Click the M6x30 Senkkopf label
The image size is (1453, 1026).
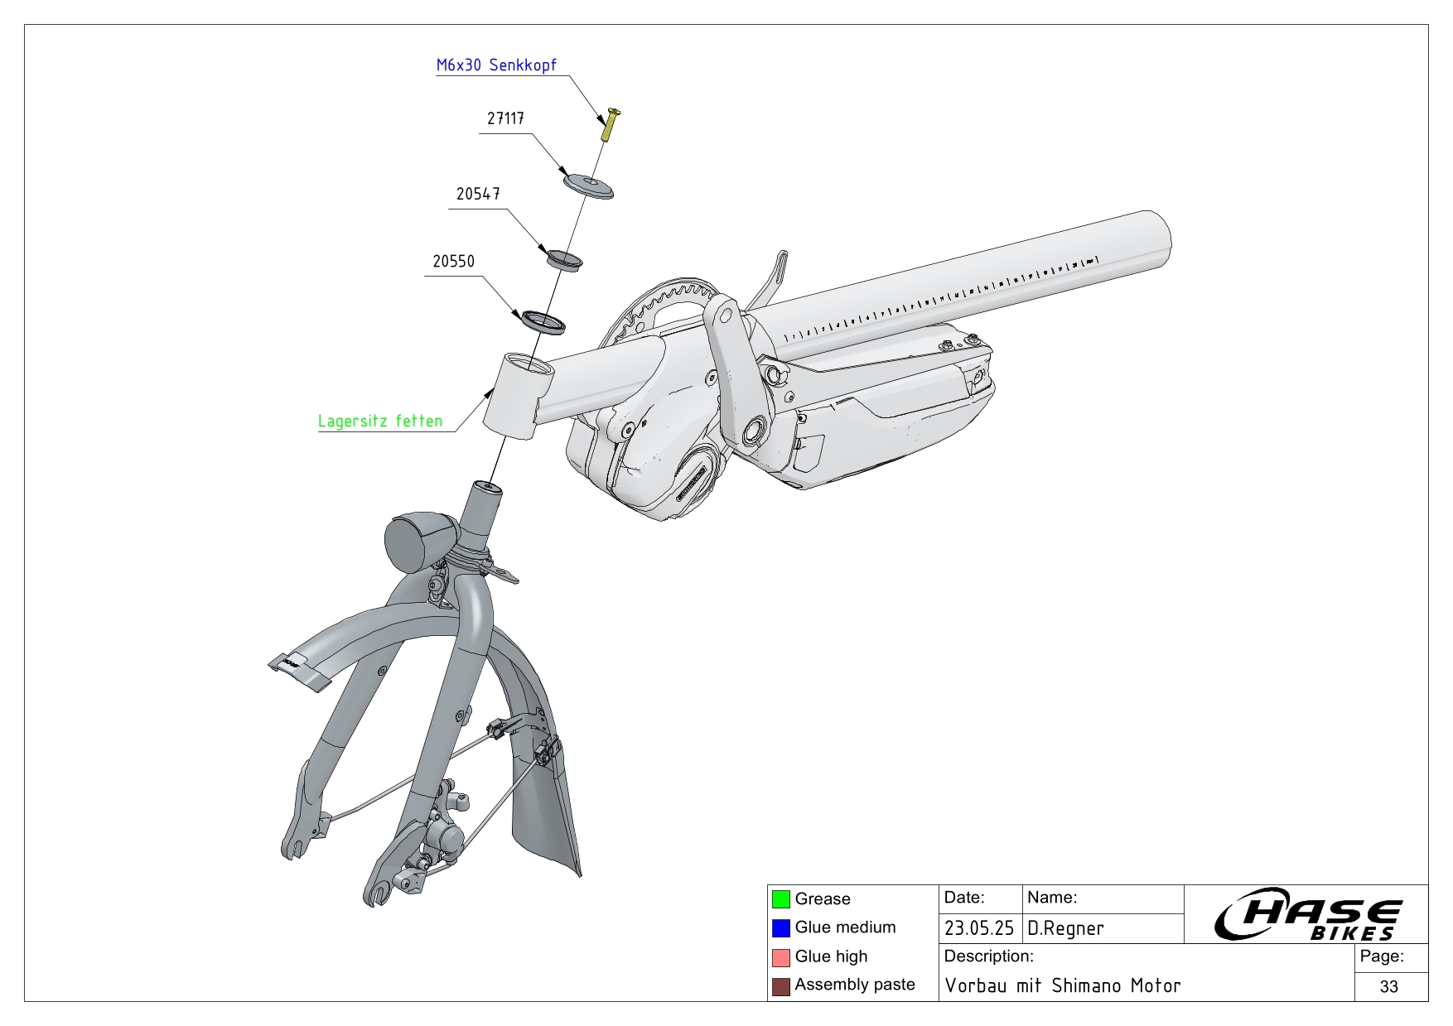click(496, 65)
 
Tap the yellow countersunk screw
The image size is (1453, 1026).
click(611, 124)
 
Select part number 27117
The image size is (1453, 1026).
click(505, 119)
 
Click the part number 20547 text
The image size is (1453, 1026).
click(478, 195)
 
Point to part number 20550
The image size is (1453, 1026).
click(453, 262)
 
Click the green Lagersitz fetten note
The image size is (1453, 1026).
click(380, 421)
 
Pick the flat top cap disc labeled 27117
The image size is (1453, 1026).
click(589, 185)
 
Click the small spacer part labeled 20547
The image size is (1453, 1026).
click(564, 259)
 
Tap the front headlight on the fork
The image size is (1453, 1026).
click(418, 542)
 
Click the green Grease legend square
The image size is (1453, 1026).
click(780, 899)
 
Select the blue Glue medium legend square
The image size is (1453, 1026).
click(780, 928)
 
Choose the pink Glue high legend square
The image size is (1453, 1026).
click(780, 957)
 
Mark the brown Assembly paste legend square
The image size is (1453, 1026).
click(780, 986)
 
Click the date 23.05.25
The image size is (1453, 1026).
click(979, 929)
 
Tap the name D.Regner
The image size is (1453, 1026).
click(1065, 929)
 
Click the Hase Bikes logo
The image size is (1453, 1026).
click(1307, 915)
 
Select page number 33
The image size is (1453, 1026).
click(1389, 987)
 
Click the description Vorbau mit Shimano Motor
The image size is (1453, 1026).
click(1063, 986)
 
